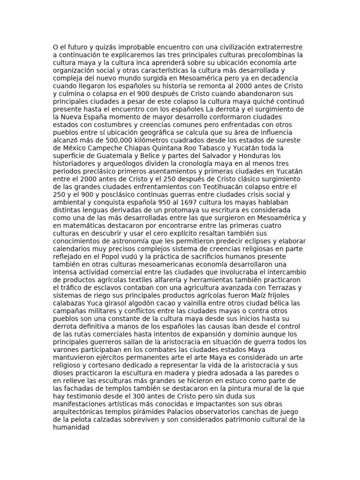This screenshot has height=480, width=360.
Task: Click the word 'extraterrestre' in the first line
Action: tap(279, 47)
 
